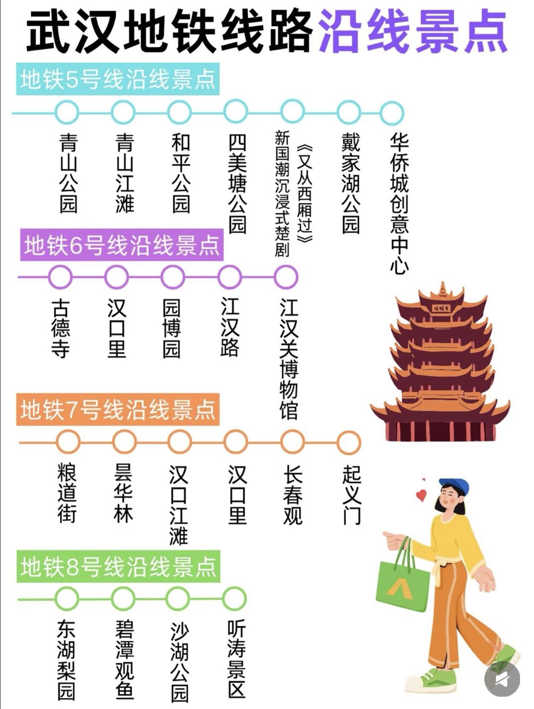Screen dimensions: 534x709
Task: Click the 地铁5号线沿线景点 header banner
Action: pos(118,79)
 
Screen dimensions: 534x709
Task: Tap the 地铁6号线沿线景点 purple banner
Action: pos(122,245)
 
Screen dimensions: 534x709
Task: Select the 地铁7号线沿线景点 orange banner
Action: pos(118,410)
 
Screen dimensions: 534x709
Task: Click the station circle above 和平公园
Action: pos(179,113)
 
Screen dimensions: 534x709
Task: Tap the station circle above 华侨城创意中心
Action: pos(391,113)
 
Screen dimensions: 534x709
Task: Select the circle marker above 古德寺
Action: pos(60,277)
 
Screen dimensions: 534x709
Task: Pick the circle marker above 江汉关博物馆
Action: pos(286,277)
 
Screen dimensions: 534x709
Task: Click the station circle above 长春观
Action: pos(292,442)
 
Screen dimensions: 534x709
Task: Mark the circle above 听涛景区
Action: pos(234,598)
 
